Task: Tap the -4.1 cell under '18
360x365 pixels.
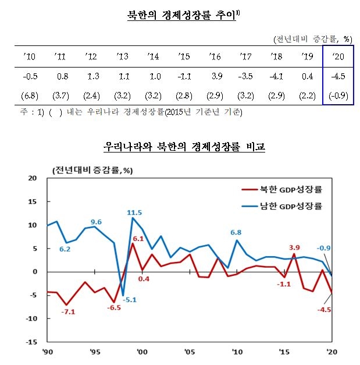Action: coord(276,76)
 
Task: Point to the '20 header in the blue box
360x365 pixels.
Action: coord(338,56)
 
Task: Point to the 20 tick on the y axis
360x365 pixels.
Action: coord(33,178)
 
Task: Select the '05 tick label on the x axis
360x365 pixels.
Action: coord(188,352)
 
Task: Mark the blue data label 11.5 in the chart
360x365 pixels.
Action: coord(134,212)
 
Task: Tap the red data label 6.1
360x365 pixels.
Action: coord(138,238)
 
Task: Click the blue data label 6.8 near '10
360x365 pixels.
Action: coord(236,232)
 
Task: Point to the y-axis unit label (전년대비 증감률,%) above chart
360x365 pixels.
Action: coord(92,171)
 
